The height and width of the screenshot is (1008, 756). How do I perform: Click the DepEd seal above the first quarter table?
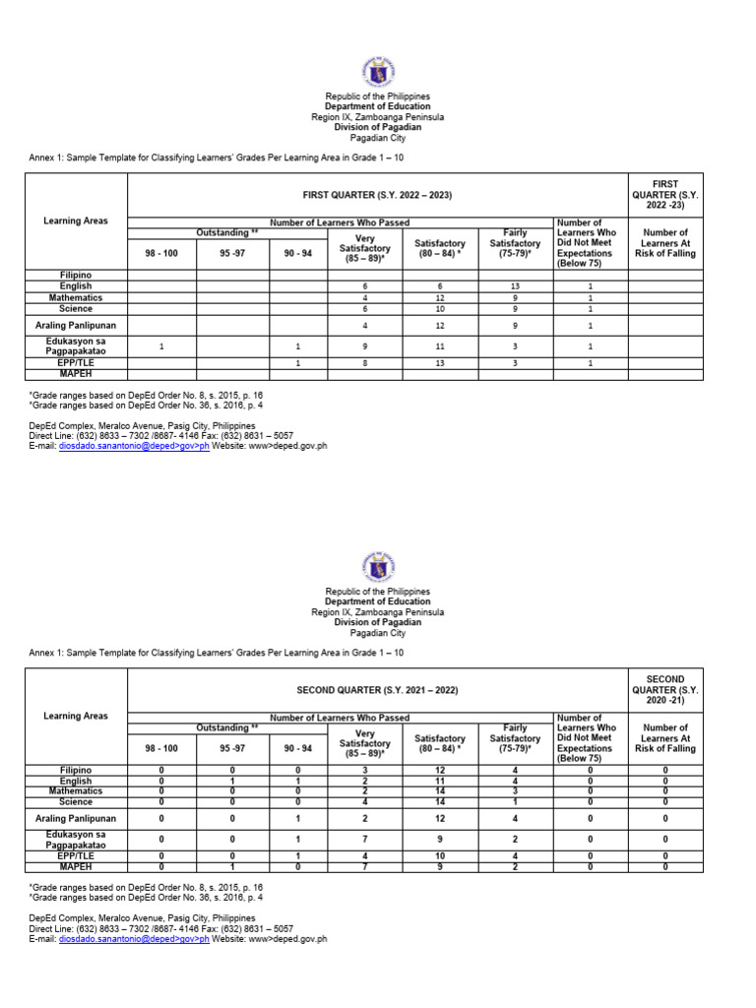[378, 71]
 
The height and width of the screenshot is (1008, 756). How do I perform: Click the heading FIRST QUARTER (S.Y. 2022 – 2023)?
[378, 196]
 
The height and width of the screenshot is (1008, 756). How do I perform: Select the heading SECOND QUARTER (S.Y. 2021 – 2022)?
[378, 691]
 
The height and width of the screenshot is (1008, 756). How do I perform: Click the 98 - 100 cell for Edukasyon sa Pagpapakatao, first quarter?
[161, 346]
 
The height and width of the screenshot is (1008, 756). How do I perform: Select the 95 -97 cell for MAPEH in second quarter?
[232, 867]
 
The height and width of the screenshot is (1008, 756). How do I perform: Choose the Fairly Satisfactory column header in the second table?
[515, 738]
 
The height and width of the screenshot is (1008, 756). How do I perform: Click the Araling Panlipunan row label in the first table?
[76, 325]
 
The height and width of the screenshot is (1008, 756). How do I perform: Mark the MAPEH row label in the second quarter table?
[76, 867]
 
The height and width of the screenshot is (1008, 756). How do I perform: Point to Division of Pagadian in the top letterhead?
[378, 127]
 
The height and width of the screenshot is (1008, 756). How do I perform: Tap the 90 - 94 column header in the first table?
[298, 253]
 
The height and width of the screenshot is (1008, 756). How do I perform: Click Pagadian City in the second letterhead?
[378, 633]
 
